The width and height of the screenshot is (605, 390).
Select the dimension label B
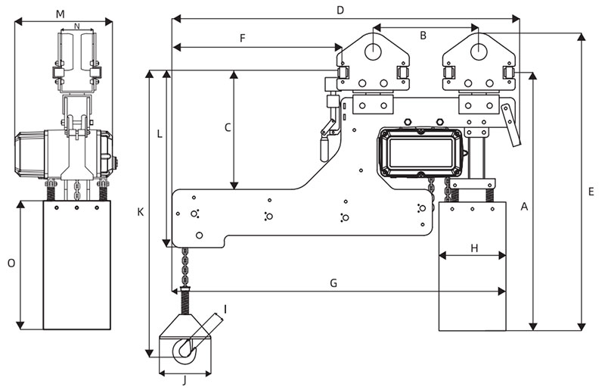(423, 35)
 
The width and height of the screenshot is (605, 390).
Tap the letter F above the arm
(242, 38)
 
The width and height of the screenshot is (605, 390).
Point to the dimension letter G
(334, 282)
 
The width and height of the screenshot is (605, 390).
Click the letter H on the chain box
(474, 248)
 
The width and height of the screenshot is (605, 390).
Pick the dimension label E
(591, 191)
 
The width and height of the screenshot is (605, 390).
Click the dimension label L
(159, 134)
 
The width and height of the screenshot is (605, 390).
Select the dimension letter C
(227, 127)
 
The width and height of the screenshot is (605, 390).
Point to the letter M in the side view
(60, 14)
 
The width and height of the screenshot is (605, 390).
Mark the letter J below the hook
(184, 380)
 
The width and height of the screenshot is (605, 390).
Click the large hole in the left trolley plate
(375, 50)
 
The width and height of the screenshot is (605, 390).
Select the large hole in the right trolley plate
(479, 50)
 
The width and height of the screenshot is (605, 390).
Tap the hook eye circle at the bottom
(184, 350)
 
